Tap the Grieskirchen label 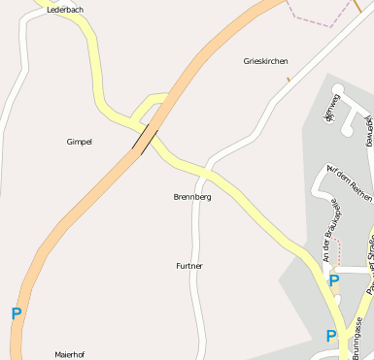click(265, 61)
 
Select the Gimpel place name click(79, 142)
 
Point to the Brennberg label click(191, 197)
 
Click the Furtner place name click(189, 265)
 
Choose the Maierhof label click(70, 354)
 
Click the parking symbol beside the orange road click(16, 314)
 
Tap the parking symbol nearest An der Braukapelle click(333, 280)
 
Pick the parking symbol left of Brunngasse click(331, 336)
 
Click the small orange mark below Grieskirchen click(289, 79)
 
